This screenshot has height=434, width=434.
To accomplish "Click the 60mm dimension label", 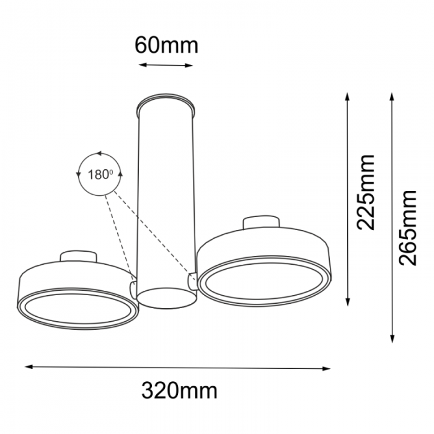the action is pos(166,45).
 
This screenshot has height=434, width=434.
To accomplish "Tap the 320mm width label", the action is pos(179,391).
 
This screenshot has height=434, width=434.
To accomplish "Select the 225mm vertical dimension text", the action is pos(366,192).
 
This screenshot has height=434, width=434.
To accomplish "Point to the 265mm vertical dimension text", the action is pos(408,228).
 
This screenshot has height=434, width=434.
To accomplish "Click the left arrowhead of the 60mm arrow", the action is pos(141,64).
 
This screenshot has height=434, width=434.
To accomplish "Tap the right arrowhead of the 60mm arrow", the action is pos(189,66).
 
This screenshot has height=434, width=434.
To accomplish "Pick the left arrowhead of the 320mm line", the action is pos(29,367).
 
